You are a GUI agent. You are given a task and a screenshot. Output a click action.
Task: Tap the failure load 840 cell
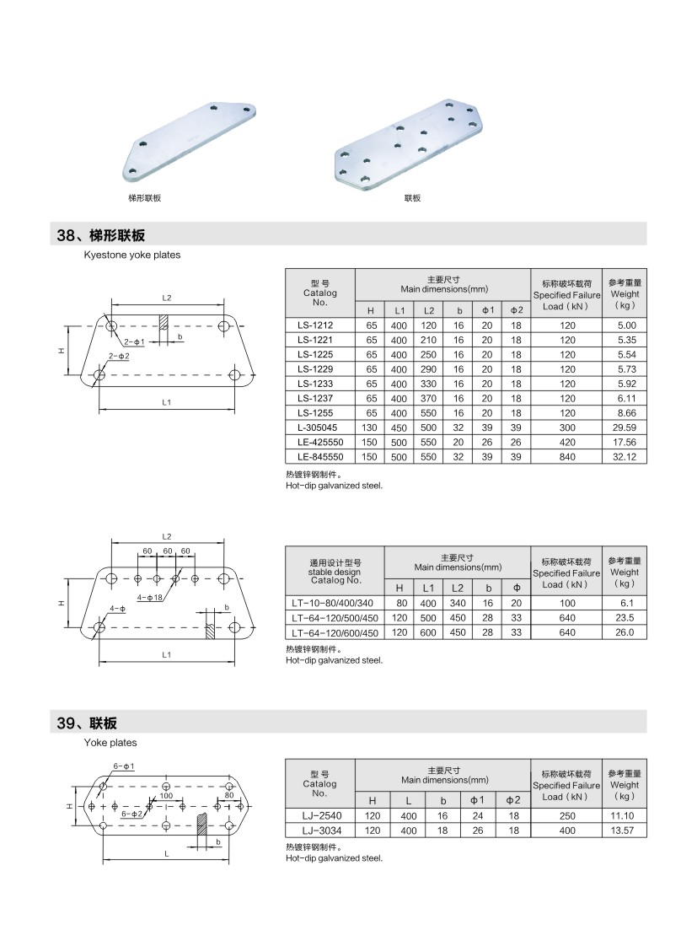[566, 456]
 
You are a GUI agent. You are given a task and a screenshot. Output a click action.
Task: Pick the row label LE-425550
[320, 442]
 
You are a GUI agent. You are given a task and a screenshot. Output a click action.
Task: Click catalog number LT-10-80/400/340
[335, 603]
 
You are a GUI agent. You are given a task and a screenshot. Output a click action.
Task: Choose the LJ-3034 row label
[320, 830]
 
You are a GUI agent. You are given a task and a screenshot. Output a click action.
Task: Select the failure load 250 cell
[566, 815]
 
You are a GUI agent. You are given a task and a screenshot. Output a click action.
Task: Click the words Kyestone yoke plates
[131, 255]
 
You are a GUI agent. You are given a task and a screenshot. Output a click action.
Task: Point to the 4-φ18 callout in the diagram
[174, 598]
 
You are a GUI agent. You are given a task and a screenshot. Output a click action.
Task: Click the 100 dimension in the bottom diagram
[166, 795]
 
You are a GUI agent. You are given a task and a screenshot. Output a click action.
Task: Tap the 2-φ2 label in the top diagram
[120, 357]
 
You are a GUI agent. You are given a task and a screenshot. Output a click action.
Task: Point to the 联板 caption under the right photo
[412, 199]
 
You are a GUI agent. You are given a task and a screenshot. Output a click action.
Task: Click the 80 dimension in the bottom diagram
[228, 795]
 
